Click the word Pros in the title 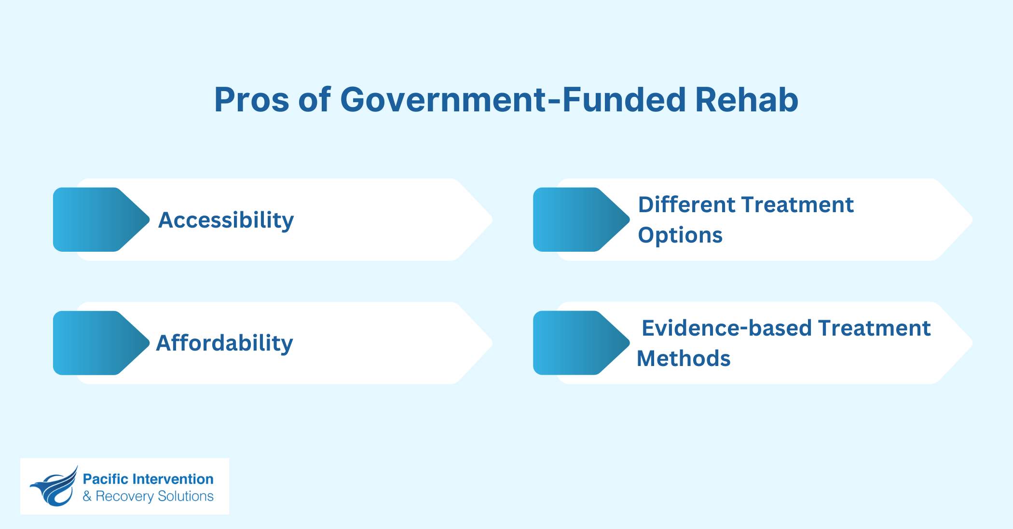[251, 100]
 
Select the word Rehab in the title [746, 100]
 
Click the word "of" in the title [315, 100]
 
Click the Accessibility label [226, 220]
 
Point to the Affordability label [224, 343]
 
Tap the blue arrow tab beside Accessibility [99, 219]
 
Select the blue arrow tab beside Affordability [99, 343]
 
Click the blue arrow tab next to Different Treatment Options [579, 219]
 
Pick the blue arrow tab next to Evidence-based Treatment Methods [579, 343]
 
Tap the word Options [680, 235]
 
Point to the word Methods [684, 359]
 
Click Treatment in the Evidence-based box [874, 328]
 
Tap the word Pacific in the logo [105, 479]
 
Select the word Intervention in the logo [173, 479]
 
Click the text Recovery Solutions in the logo [154, 496]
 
